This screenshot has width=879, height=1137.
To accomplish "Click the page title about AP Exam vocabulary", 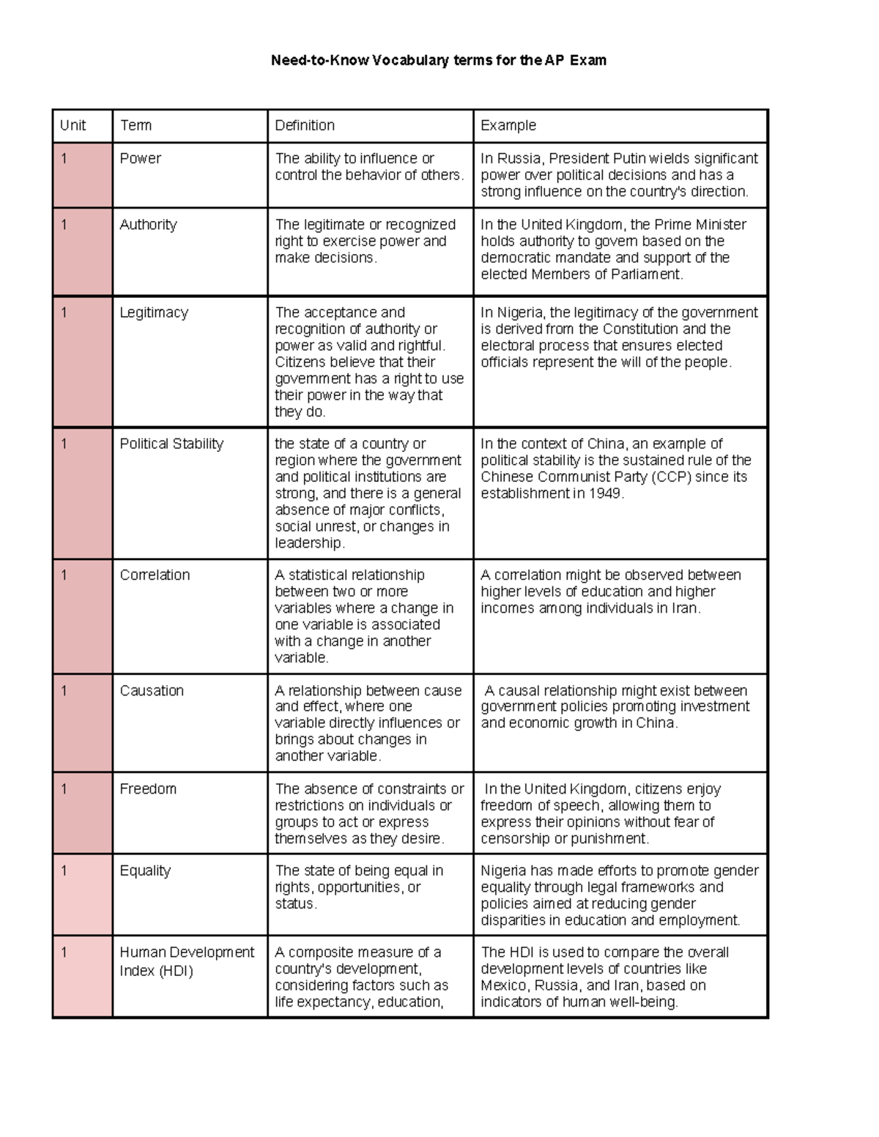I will click(x=438, y=60).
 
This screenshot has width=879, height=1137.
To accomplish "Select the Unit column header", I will click(x=73, y=125).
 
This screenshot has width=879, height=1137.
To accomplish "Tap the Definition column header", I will click(x=305, y=125).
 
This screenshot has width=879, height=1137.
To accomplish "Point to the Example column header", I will click(x=508, y=125).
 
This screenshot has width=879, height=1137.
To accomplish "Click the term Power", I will click(x=140, y=158).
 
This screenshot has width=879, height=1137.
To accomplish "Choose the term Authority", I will click(x=148, y=225).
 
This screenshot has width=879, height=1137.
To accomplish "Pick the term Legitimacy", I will click(x=154, y=313).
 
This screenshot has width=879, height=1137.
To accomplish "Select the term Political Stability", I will click(x=171, y=444).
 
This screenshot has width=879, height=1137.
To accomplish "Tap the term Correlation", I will click(x=155, y=575).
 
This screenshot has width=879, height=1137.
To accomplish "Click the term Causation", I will click(x=152, y=690).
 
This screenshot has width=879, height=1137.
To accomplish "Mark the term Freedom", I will click(x=148, y=789).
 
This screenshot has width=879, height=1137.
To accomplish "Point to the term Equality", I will click(x=145, y=871).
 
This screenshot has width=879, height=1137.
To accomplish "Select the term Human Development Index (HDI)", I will click(x=187, y=961).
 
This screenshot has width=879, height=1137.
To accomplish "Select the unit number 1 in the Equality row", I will click(x=64, y=871).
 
